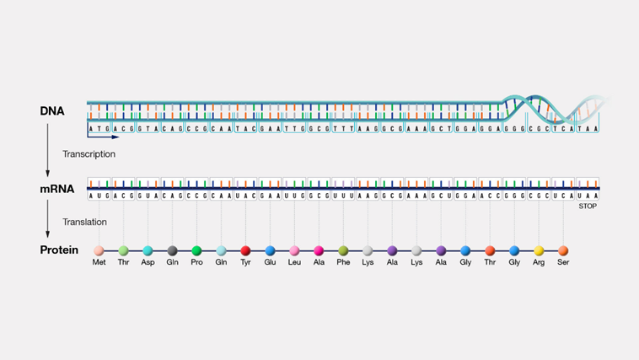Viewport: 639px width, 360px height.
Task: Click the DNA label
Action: click(51, 111)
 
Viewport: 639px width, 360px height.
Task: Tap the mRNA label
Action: click(56, 190)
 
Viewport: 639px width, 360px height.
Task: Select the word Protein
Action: click(59, 250)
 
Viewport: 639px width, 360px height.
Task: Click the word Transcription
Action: click(89, 154)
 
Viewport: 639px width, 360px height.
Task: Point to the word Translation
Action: click(84, 222)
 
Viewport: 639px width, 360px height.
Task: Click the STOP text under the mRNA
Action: click(587, 206)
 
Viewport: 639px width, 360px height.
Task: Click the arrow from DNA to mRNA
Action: click(48, 149)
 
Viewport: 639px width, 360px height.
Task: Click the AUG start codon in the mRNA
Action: click(99, 194)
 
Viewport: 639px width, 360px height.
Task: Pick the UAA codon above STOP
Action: click(587, 194)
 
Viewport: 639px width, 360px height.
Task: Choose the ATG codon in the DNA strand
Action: click(99, 129)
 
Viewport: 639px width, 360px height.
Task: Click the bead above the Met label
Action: click(99, 250)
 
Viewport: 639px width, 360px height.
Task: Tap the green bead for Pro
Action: click(196, 250)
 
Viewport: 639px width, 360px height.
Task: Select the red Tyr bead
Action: click(245, 250)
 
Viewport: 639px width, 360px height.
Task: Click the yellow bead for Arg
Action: click(539, 250)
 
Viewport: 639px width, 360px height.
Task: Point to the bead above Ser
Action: click(563, 250)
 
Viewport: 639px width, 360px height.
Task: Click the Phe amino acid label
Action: click(343, 263)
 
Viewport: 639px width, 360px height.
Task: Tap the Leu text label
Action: click(294, 263)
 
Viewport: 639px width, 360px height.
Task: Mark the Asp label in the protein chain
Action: click(148, 263)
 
